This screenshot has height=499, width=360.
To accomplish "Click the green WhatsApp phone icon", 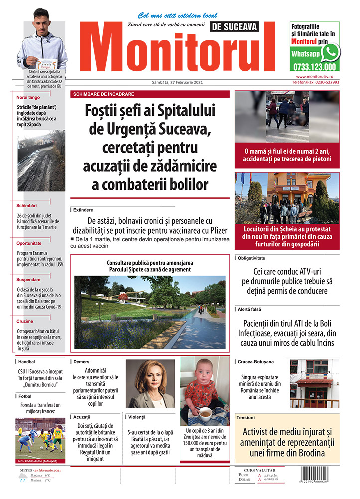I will click(x=330, y=52).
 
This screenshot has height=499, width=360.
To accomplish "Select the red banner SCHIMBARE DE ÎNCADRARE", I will click(x=103, y=94).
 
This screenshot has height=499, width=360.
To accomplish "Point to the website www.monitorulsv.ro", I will click(x=317, y=76).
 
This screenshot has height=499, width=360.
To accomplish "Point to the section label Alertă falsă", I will click(x=252, y=310).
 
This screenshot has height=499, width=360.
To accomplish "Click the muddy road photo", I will click(x=41, y=161).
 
